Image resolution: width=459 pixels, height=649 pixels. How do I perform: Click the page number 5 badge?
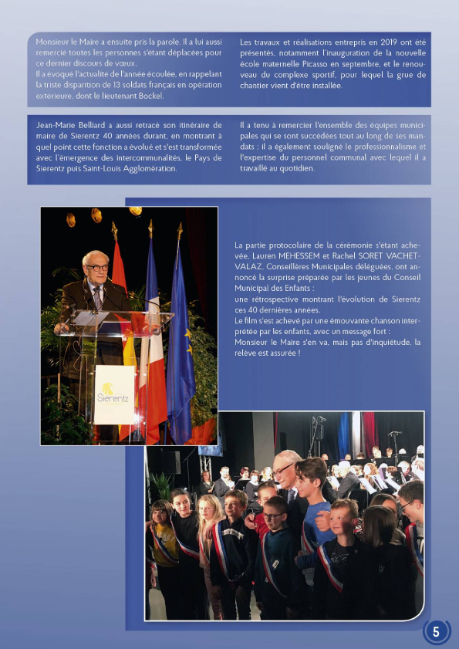tap(437, 631)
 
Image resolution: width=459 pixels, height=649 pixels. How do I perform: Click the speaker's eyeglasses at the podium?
tap(97, 267)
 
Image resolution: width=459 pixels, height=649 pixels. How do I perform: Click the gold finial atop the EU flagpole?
tap(180, 229)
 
